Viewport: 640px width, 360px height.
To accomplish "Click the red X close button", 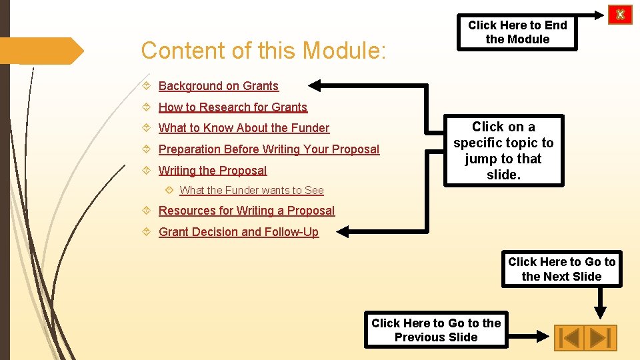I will coord(620,14).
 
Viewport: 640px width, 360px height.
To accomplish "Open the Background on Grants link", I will coord(218,86).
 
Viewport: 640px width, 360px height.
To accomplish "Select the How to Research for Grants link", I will coord(233,107).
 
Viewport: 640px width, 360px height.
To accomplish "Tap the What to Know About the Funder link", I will coord(243,128).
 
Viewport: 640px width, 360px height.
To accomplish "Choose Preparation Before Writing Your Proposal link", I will coord(269,149).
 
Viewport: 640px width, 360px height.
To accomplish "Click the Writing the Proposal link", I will coord(212,171).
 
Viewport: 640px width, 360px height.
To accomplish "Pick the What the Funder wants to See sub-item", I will coord(251,191).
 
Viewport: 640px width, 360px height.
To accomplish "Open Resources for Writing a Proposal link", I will coord(246,211).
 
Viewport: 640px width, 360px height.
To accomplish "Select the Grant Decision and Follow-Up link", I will coord(238,232).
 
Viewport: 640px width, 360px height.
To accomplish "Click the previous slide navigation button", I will coord(569,337).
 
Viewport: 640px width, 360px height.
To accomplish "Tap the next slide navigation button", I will coord(601,337).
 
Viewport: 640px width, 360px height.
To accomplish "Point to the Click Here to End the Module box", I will coord(517,32).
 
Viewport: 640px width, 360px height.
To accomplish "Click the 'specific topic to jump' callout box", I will coord(503,151).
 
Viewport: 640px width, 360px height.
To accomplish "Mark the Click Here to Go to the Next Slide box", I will coord(561,269).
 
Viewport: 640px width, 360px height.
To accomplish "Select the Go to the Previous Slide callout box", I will coord(436,330).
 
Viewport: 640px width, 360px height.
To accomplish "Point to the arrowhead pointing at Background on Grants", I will coord(317,85).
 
